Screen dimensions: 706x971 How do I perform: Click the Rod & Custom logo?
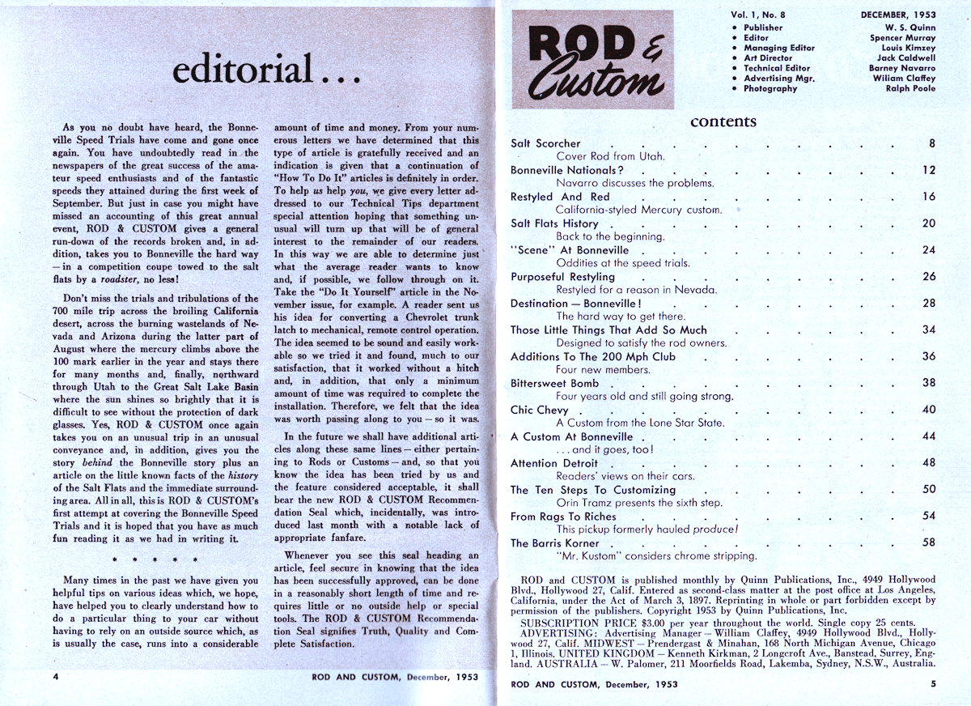point(592,59)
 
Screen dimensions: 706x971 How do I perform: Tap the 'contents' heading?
point(723,121)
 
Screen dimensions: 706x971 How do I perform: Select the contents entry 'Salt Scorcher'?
point(545,143)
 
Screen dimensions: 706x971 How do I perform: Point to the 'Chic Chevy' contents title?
point(539,410)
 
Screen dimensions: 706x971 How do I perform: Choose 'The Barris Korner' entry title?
point(555,543)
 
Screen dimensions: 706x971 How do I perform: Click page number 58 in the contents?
point(928,543)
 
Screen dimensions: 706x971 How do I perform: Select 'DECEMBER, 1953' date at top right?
point(897,15)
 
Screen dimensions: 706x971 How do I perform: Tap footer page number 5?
point(932,684)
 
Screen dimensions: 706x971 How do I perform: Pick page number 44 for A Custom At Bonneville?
point(928,436)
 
